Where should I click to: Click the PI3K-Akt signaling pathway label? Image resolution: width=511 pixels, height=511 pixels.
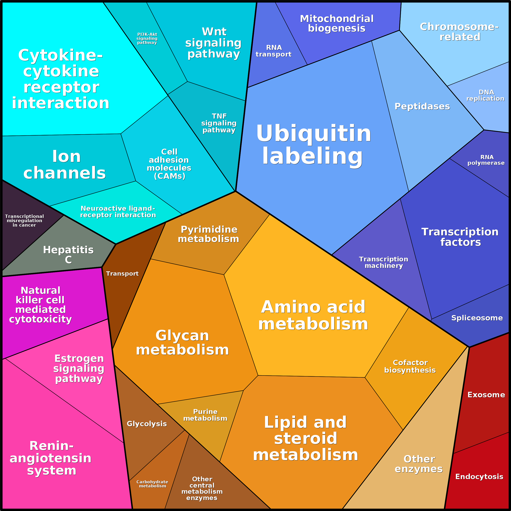(147, 38)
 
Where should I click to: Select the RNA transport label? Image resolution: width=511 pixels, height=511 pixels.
(273, 51)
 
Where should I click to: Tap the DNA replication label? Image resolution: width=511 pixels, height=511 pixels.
(485, 95)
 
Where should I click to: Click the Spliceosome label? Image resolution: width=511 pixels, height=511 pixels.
(477, 318)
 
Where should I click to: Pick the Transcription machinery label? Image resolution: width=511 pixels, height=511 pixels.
(383, 262)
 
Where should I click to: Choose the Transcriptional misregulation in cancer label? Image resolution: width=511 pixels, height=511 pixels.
(24, 221)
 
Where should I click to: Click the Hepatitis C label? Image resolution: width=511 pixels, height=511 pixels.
(68, 254)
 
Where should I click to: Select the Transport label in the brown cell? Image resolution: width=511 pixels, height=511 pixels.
(122, 273)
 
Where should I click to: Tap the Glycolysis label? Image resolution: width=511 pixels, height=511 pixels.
(147, 424)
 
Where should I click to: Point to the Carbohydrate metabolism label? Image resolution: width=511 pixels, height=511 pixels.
(152, 484)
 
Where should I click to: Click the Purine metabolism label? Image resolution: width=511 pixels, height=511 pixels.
(205, 415)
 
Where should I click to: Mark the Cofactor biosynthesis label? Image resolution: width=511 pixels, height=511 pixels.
(410, 366)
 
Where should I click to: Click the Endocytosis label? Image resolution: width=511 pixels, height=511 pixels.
(479, 476)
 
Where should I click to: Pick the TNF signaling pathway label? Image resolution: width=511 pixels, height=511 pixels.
(219, 123)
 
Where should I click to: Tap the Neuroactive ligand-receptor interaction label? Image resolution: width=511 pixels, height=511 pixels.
(118, 212)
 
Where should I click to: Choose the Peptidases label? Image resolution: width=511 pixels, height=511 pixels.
(422, 106)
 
